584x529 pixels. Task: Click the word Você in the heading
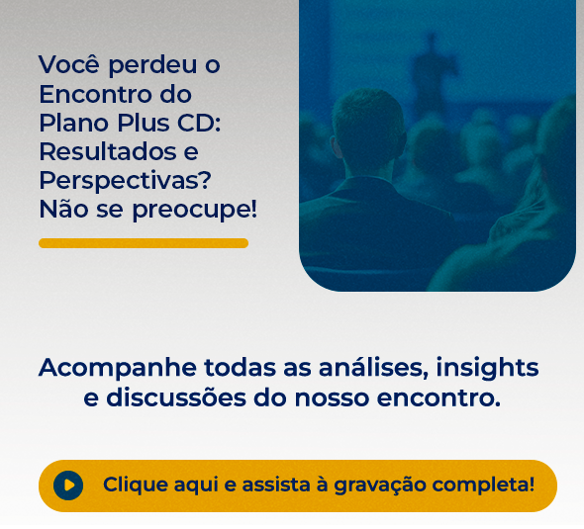(69, 65)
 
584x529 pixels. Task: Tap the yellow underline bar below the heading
(144, 243)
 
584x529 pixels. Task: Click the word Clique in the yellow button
(135, 485)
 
